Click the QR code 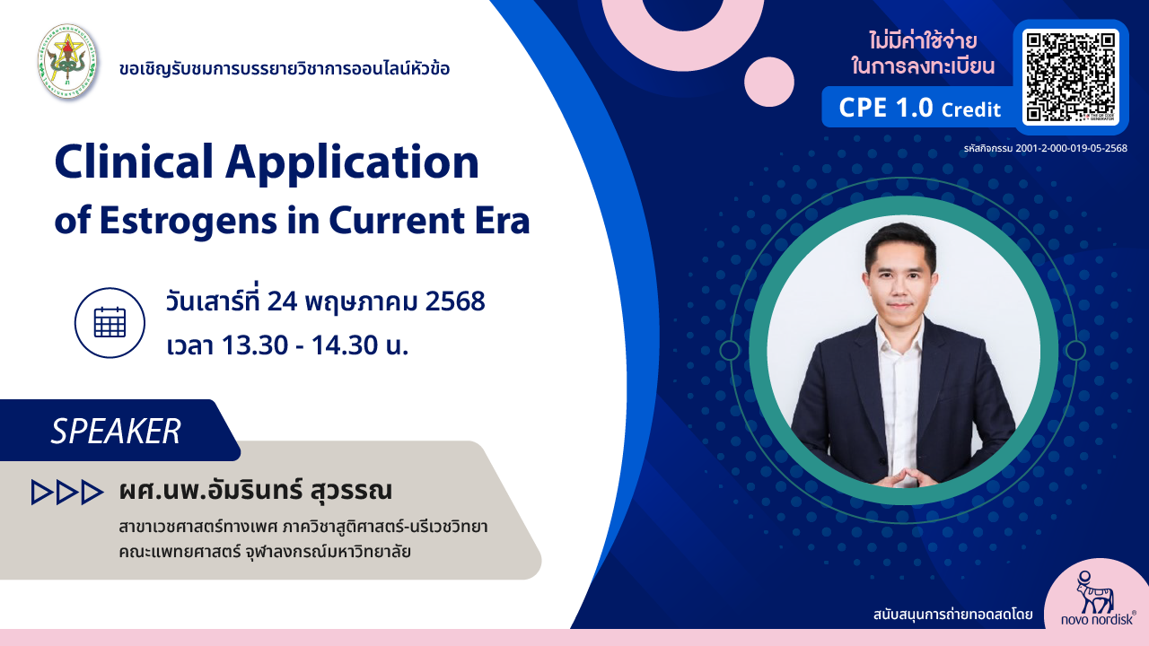pos(1071,77)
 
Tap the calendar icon pos(110,322)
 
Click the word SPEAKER pos(116,432)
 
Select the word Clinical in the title pos(134,162)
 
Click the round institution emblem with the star pos(67,61)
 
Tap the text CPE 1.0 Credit pos(920,108)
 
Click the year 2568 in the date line pos(455,301)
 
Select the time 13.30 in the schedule pos(255,345)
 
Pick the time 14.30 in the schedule pos(344,345)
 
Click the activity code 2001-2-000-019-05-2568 pos(1071,148)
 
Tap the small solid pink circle pos(769,82)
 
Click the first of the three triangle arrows pos(41,493)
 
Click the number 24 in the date pos(282,301)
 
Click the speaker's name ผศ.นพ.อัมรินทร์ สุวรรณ pos(256,490)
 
